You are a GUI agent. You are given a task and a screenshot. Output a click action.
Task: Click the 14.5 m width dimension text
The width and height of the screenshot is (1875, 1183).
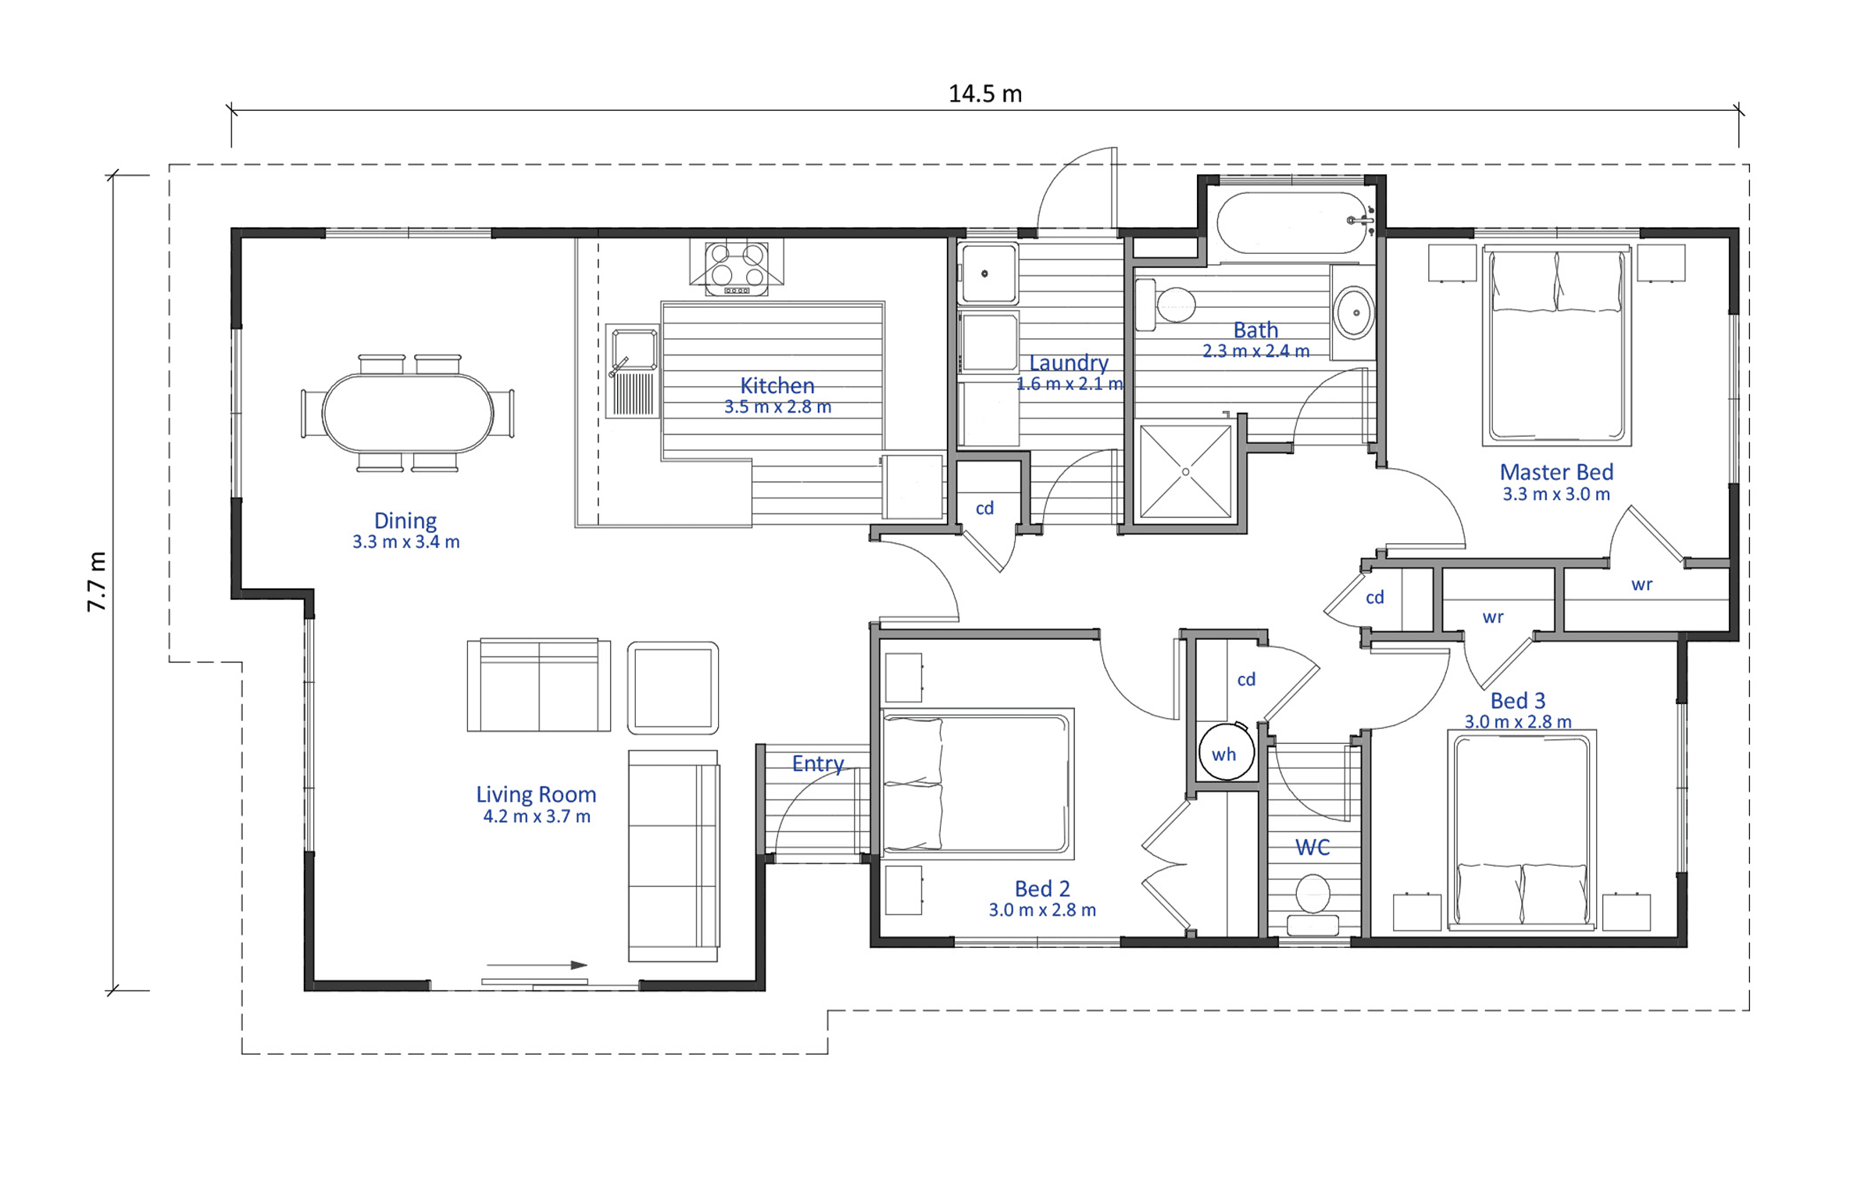click(984, 94)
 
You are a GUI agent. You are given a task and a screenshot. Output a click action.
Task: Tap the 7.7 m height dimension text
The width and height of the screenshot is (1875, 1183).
click(96, 581)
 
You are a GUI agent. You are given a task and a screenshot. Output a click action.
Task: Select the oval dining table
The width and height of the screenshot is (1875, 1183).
click(408, 413)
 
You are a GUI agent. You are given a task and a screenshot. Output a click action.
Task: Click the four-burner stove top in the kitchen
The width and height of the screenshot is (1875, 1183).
click(736, 268)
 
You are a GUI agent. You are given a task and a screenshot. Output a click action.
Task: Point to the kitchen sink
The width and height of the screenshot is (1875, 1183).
click(633, 371)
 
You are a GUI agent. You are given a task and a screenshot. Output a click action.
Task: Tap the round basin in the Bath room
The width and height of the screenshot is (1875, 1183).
click(1355, 313)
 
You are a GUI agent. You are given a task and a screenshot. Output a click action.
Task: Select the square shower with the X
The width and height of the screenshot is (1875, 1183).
click(1185, 471)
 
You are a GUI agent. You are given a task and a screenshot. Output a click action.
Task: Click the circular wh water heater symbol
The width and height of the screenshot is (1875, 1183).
click(1226, 752)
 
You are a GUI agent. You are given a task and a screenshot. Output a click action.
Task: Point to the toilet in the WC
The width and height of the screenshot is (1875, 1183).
click(1312, 903)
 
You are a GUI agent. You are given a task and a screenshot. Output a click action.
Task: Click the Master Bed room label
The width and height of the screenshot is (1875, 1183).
click(1556, 472)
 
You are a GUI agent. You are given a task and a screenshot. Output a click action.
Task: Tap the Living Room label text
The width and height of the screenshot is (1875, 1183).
click(536, 794)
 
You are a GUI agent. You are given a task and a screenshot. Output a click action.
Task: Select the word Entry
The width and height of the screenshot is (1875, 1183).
click(818, 763)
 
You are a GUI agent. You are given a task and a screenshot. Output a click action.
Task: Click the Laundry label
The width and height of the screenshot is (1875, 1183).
click(1069, 363)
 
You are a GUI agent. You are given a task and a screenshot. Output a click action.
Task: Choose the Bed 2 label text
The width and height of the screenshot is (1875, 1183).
click(1042, 888)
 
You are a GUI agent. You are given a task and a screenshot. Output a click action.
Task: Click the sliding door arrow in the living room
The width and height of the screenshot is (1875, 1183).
click(537, 965)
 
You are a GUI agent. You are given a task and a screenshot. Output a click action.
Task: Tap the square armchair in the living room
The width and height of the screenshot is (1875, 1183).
click(673, 688)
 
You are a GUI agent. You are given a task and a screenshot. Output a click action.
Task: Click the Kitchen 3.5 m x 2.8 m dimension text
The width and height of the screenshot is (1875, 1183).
click(777, 407)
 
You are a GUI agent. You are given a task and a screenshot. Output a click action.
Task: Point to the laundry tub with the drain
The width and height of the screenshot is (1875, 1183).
click(988, 273)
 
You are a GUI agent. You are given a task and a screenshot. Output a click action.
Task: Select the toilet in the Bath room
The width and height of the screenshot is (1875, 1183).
click(1166, 305)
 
